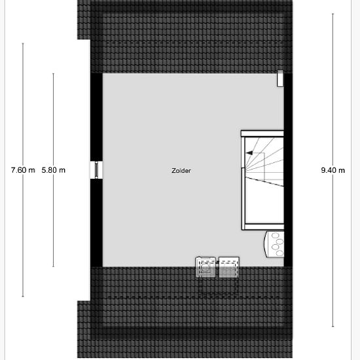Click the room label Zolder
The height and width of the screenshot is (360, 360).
(x=181, y=171)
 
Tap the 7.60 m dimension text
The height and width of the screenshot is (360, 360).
(x=23, y=170)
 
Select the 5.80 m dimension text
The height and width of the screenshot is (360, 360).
(x=54, y=170)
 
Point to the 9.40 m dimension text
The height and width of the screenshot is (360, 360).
(x=333, y=170)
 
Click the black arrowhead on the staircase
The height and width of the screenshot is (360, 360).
(x=249, y=153)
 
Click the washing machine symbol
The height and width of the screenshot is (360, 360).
(x=206, y=267)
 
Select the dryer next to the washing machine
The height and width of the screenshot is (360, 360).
(x=229, y=267)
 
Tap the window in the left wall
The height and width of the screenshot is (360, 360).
(x=96, y=170)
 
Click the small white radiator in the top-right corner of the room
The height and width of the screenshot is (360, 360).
(x=280, y=79)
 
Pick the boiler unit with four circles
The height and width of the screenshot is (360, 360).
(x=275, y=244)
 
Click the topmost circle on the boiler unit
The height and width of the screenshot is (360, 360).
(x=276, y=236)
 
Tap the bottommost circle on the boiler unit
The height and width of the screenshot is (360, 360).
(x=279, y=253)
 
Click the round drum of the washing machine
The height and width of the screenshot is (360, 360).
(x=205, y=268)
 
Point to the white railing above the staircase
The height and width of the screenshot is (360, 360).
(x=262, y=134)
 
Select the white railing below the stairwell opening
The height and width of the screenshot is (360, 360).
(x=263, y=227)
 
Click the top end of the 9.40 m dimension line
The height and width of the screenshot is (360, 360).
(x=333, y=14)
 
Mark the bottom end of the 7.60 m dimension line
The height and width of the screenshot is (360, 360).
(x=23, y=297)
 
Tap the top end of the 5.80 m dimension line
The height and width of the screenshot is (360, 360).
(x=53, y=74)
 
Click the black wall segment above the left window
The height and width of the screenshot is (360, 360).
(x=96, y=117)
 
